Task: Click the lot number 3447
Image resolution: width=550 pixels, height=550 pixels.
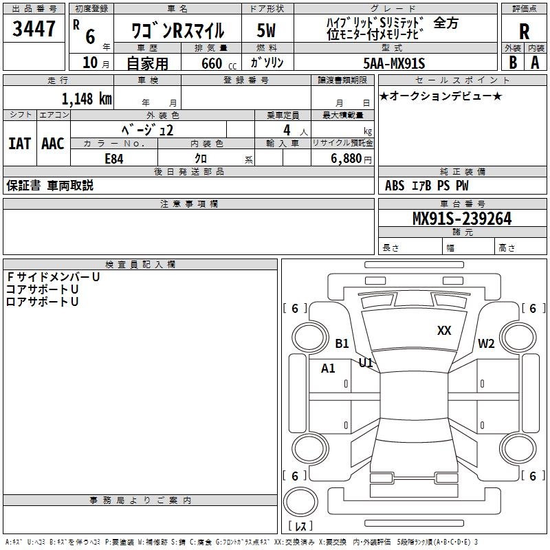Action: tap(34, 29)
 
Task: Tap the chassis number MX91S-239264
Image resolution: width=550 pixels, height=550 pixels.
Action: tap(461, 219)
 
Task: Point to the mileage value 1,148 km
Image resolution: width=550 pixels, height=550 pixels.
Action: tap(87, 99)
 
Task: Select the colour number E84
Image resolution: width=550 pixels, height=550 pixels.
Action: tap(114, 157)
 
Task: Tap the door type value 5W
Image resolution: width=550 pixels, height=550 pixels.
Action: tap(267, 30)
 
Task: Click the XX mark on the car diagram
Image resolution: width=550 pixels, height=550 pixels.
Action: tap(444, 331)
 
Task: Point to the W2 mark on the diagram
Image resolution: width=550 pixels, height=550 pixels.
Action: tap(487, 344)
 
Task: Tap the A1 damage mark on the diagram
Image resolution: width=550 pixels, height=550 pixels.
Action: tap(329, 368)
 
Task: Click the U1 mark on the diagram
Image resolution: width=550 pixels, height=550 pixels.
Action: tap(366, 362)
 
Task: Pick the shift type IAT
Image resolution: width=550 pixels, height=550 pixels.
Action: tap(19, 144)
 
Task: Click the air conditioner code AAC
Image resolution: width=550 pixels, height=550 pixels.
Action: tap(52, 144)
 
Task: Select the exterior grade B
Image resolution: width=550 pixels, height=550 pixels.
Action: tap(513, 63)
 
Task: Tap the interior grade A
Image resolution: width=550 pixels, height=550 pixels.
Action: tap(536, 63)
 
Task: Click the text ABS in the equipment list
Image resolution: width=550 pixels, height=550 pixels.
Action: tap(395, 186)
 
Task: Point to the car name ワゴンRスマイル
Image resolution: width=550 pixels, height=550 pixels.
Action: tap(177, 31)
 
